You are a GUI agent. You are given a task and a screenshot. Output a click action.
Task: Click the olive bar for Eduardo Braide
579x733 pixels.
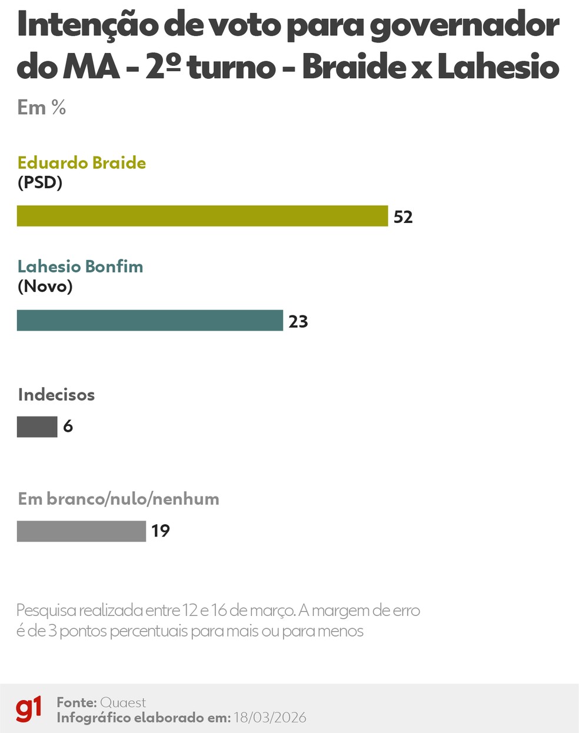202,216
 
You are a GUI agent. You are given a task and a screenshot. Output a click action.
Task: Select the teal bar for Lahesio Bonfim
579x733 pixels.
149,321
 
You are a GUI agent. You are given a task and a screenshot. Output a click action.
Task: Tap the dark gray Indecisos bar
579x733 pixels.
37,427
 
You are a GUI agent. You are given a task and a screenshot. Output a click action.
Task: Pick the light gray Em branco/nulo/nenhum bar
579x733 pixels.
81,531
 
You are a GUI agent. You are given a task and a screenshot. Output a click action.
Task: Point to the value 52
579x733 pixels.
403,217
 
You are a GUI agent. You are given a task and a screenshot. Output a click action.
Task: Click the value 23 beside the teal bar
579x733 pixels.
298,322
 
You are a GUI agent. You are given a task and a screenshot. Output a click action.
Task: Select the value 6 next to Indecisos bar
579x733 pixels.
68,427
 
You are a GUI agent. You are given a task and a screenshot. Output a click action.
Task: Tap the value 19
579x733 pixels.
161,531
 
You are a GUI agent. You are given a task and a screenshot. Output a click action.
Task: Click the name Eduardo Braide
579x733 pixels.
82,162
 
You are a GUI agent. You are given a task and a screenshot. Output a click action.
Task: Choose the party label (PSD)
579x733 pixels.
40,182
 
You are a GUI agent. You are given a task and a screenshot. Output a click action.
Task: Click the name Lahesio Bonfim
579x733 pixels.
80,266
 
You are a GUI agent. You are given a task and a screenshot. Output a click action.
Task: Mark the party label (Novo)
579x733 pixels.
45,286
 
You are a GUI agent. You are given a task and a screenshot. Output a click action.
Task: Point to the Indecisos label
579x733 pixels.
56,394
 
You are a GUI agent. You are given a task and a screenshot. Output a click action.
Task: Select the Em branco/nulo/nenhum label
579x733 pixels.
118,499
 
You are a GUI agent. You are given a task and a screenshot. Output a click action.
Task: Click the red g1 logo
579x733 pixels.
29,708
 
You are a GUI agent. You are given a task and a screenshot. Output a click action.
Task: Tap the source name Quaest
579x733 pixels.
123,702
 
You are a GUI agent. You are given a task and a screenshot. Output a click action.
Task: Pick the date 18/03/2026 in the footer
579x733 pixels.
269,718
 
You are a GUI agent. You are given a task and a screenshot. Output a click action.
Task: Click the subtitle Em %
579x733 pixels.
41,108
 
